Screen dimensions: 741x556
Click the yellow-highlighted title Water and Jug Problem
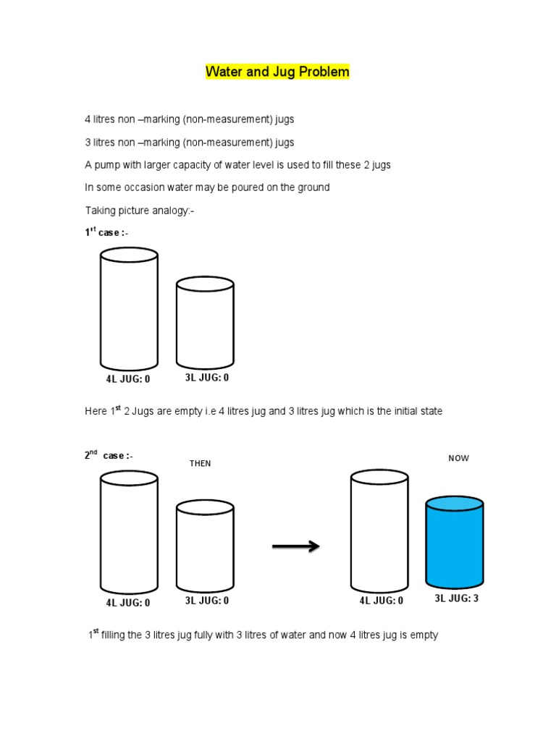point(277,72)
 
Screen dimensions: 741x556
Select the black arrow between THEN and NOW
point(295,546)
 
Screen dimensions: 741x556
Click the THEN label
point(201,464)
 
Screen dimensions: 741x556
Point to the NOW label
point(458,458)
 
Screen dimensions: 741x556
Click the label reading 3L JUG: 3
point(456,598)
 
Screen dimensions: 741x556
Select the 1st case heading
point(106,232)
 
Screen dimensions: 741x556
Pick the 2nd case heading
point(108,456)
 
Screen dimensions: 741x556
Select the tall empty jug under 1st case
point(129,309)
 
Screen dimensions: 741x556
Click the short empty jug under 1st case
point(205,324)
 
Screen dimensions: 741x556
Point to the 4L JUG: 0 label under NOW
point(381,601)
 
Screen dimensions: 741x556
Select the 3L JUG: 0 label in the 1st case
point(207,377)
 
